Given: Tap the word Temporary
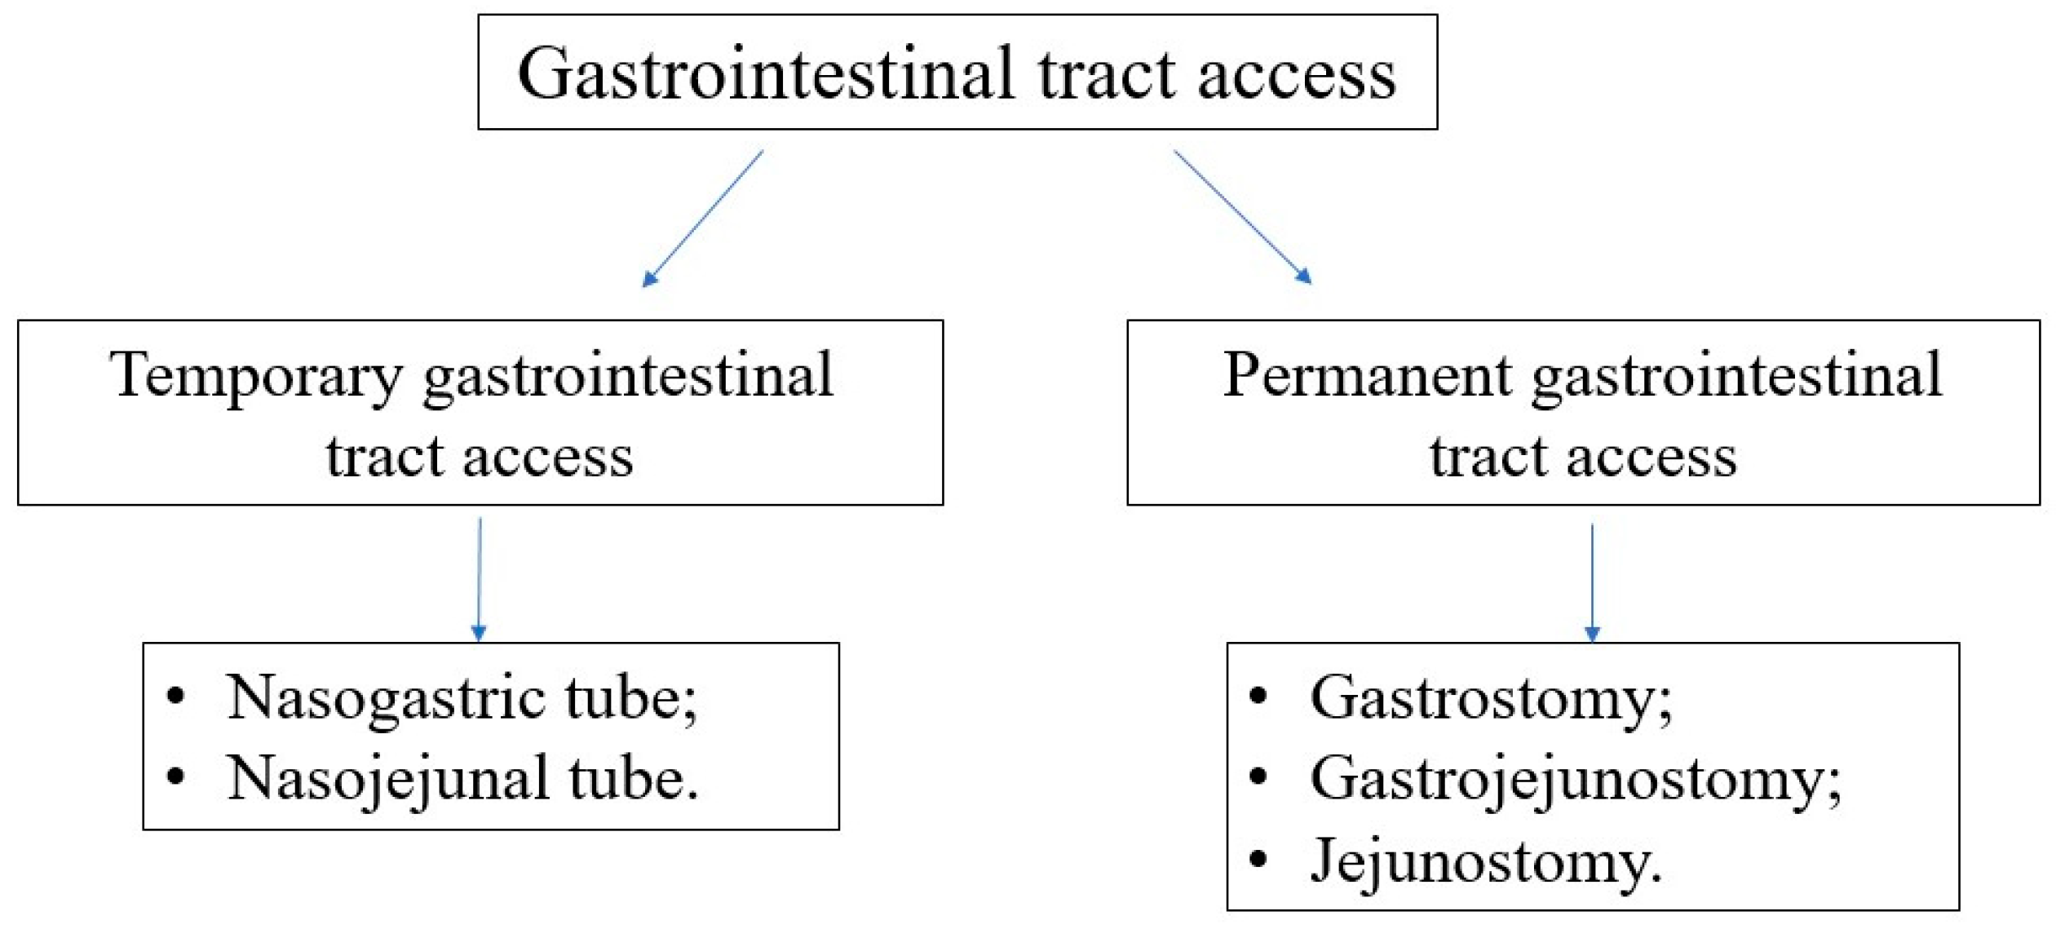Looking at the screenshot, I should (256, 375).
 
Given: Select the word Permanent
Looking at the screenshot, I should (1367, 375).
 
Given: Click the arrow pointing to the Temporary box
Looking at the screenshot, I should (702, 219).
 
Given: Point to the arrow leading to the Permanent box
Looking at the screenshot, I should (1242, 217).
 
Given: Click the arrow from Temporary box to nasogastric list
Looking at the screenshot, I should (480, 579).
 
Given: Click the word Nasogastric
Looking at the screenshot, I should (386, 698).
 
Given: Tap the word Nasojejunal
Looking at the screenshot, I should (388, 778).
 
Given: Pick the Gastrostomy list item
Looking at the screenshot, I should (1490, 698).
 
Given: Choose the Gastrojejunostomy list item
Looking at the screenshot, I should (1574, 778).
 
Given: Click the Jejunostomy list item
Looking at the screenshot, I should (1484, 861).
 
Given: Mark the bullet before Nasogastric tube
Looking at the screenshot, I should (175, 696).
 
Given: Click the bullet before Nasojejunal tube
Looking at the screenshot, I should (175, 776).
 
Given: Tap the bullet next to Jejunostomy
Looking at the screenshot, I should (1258, 859).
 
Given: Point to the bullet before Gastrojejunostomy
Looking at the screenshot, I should (1258, 776).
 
